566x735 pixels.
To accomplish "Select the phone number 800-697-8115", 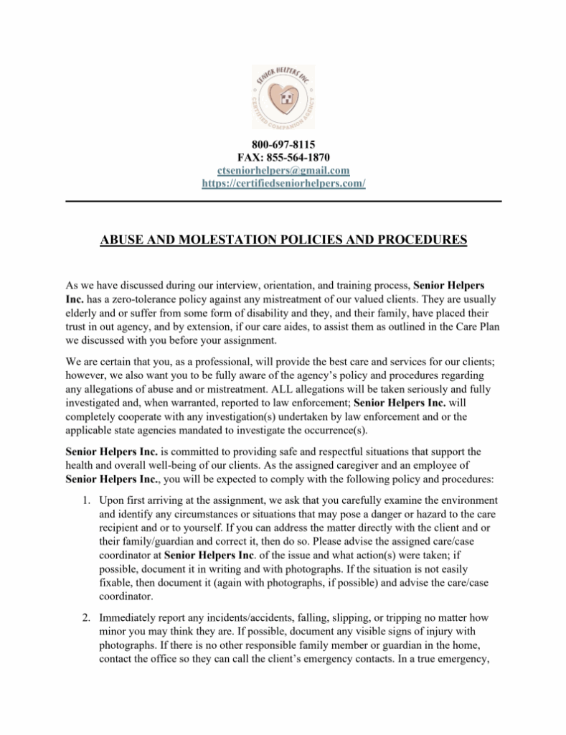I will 283,144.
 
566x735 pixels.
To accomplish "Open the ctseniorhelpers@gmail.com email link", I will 283,170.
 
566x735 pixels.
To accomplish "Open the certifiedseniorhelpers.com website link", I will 283,183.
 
